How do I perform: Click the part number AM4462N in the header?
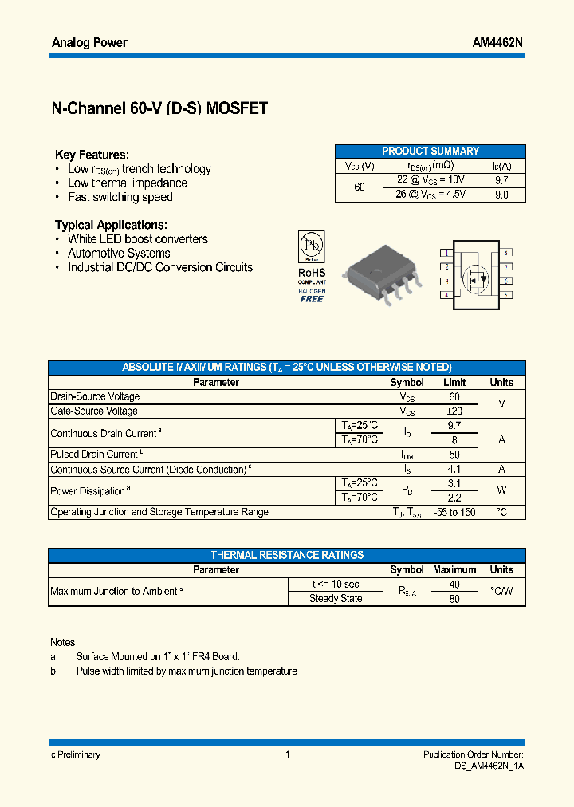coord(497,42)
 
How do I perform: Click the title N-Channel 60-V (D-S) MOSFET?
coord(159,109)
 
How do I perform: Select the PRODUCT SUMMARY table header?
coord(431,151)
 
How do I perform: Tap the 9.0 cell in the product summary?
coord(501,195)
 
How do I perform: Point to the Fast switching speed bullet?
coord(120,197)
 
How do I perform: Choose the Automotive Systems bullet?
coord(119,253)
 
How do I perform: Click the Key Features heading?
coord(92,155)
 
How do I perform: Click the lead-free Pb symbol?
coord(312,245)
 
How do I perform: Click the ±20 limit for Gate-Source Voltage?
coord(454,411)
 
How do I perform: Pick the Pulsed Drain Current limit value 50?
coord(454,455)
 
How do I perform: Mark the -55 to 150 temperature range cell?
coord(454,512)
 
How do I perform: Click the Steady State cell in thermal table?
coord(336,599)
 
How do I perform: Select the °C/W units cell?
coord(501,592)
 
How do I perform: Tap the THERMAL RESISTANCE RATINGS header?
coord(287,555)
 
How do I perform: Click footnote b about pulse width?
coord(187,671)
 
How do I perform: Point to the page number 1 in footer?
coord(287,754)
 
